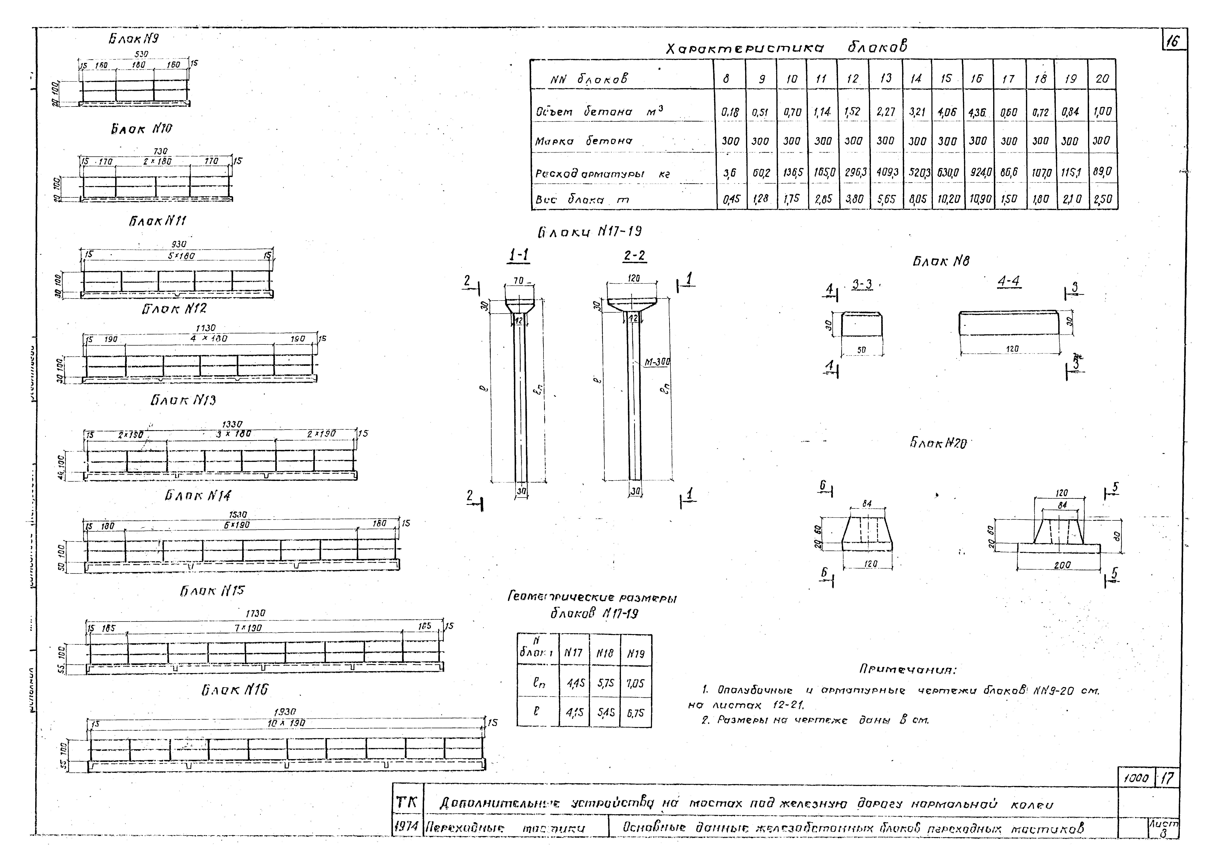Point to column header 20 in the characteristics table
(1102, 79)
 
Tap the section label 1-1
(519, 256)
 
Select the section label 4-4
(1008, 282)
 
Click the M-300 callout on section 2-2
(657, 362)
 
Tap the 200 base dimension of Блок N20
(1062, 565)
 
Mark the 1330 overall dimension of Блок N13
(232, 425)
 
